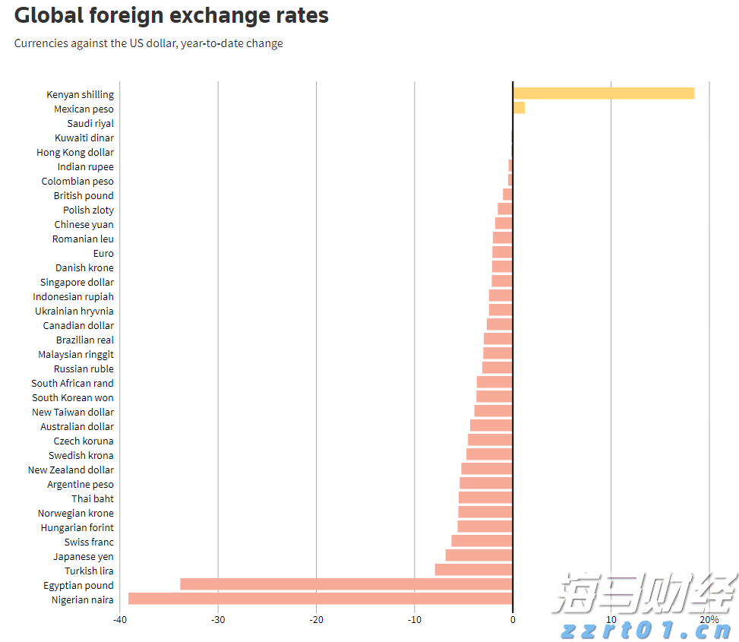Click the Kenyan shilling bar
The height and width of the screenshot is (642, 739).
tap(603, 93)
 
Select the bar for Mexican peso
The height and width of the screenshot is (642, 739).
tap(519, 108)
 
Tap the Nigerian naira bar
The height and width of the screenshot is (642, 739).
tap(320, 599)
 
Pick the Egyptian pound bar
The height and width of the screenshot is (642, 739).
tap(346, 584)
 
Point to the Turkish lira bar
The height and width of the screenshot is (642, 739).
tap(473, 570)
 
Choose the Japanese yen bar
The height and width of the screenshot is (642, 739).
tap(478, 555)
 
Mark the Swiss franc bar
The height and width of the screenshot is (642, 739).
tap(482, 541)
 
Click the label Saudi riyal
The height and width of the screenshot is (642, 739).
tap(90, 123)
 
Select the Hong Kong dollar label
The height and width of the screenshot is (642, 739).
tap(75, 152)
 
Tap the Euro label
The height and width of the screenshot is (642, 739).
tap(103, 253)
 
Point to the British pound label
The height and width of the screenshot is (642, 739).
tap(84, 195)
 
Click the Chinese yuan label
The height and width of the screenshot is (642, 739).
tap(84, 224)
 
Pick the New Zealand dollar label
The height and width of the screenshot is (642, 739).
tap(71, 470)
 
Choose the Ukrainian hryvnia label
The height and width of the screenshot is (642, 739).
tap(74, 311)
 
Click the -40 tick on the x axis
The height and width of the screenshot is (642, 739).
tap(120, 620)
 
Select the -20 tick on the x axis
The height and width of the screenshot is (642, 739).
tap(316, 620)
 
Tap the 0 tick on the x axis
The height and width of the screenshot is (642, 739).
tap(513, 620)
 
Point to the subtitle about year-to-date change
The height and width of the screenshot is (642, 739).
tap(148, 43)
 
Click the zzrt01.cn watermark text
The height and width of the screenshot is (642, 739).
tap(646, 630)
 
